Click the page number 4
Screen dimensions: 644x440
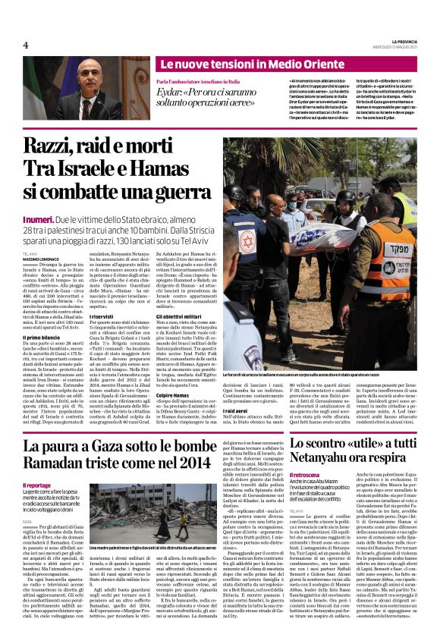[x=25, y=45]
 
